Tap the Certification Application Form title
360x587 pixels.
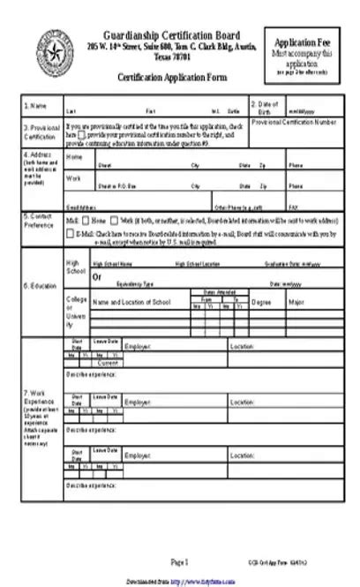pyautogui.click(x=171, y=78)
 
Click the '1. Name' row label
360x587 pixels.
pyautogui.click(x=34, y=105)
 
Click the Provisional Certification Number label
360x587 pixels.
pyautogui.click(x=293, y=122)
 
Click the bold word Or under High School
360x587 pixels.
pyautogui.click(x=97, y=276)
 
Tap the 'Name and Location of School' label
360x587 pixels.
pyautogui.click(x=131, y=302)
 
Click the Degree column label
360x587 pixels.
pyautogui.click(x=261, y=302)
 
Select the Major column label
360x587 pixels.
pyautogui.click(x=296, y=302)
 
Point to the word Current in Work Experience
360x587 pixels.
pyautogui.click(x=109, y=363)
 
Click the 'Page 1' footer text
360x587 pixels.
pyautogui.click(x=180, y=561)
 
